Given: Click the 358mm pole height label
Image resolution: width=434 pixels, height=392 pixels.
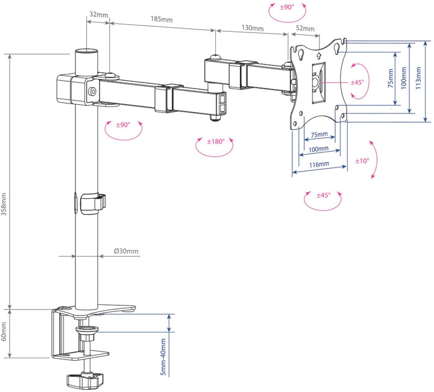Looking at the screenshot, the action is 4,204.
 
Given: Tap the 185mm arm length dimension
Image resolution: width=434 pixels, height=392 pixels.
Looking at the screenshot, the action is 162,19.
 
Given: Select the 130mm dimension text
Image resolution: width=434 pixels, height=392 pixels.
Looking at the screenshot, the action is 253,28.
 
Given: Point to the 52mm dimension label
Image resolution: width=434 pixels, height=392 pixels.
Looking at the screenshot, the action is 305,28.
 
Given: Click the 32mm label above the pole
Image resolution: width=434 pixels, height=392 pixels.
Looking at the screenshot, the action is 99,14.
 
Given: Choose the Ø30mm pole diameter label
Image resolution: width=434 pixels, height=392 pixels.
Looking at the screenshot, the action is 126,251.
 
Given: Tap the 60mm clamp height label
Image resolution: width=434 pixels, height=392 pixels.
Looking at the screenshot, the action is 4,331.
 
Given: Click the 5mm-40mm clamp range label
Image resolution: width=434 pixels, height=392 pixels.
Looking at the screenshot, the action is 163,356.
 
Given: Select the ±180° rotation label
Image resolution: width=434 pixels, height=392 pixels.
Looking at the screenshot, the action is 216,142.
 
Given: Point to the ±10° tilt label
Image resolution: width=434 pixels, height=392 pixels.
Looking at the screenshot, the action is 362,161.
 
